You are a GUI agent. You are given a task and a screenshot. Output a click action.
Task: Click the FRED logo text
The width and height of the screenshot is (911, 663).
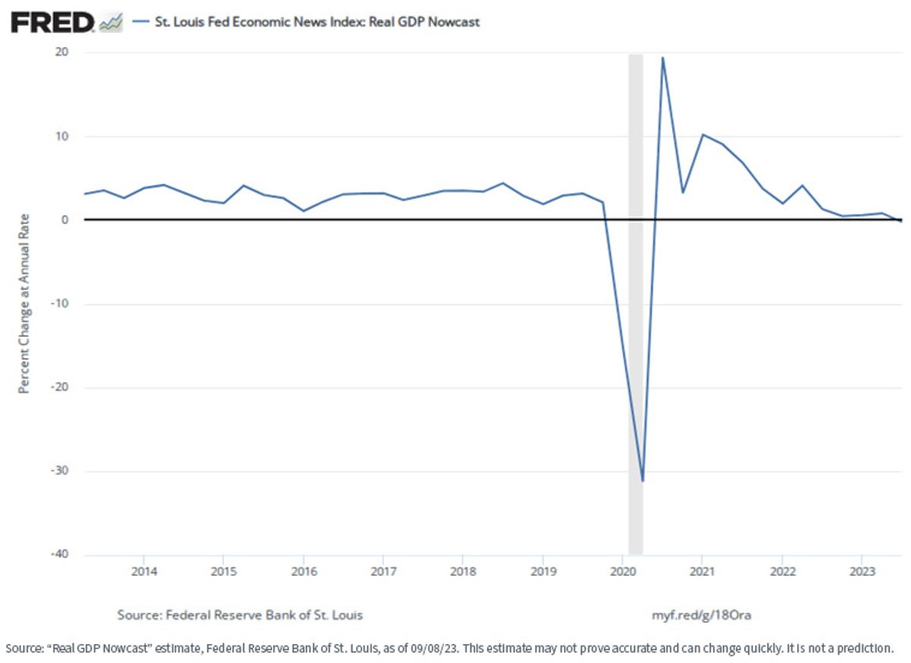pyautogui.click(x=53, y=22)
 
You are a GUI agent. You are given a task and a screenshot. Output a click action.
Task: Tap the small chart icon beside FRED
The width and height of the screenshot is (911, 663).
pyautogui.click(x=111, y=22)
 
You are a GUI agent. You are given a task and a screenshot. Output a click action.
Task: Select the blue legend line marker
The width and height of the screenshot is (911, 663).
pyautogui.click(x=140, y=21)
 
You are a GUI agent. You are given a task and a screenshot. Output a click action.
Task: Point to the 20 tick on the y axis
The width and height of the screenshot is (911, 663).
pyautogui.click(x=62, y=52)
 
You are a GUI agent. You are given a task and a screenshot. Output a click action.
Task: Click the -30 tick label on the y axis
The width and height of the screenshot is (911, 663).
pyautogui.click(x=60, y=470)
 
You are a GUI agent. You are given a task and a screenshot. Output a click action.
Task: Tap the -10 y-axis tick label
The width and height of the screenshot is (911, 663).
pyautogui.click(x=60, y=303)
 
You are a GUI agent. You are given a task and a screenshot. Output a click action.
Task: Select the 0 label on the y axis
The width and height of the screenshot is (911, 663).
pyautogui.click(x=65, y=219)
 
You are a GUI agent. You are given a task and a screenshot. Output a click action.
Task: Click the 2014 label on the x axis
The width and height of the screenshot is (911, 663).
pyautogui.click(x=144, y=571)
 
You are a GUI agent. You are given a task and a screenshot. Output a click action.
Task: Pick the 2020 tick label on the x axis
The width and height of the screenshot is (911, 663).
pyautogui.click(x=623, y=571)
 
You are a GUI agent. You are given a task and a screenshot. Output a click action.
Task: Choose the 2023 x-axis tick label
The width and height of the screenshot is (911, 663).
pyautogui.click(x=862, y=571)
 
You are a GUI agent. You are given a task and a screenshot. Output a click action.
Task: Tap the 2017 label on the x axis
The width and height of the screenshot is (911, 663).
pyautogui.click(x=383, y=571)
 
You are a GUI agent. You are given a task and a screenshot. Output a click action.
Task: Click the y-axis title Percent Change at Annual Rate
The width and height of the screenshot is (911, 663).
pyautogui.click(x=24, y=303)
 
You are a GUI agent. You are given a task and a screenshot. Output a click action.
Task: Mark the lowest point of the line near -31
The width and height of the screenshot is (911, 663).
pyautogui.click(x=642, y=481)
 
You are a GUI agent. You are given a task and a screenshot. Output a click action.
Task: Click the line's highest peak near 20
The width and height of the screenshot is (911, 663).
pyautogui.click(x=663, y=58)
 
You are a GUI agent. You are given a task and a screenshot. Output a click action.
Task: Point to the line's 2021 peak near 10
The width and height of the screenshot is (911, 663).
pyautogui.click(x=702, y=134)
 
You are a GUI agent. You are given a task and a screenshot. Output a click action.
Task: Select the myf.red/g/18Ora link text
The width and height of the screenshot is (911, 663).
pyautogui.click(x=701, y=615)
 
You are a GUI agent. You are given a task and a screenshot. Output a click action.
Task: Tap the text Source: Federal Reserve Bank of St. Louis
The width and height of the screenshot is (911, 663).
pyautogui.click(x=240, y=615)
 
